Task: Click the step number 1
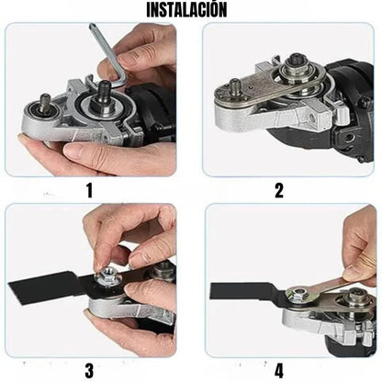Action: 89,191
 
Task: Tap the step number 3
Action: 89,371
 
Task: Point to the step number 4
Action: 279,371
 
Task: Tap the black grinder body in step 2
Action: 354,101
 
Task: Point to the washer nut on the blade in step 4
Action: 299,296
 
